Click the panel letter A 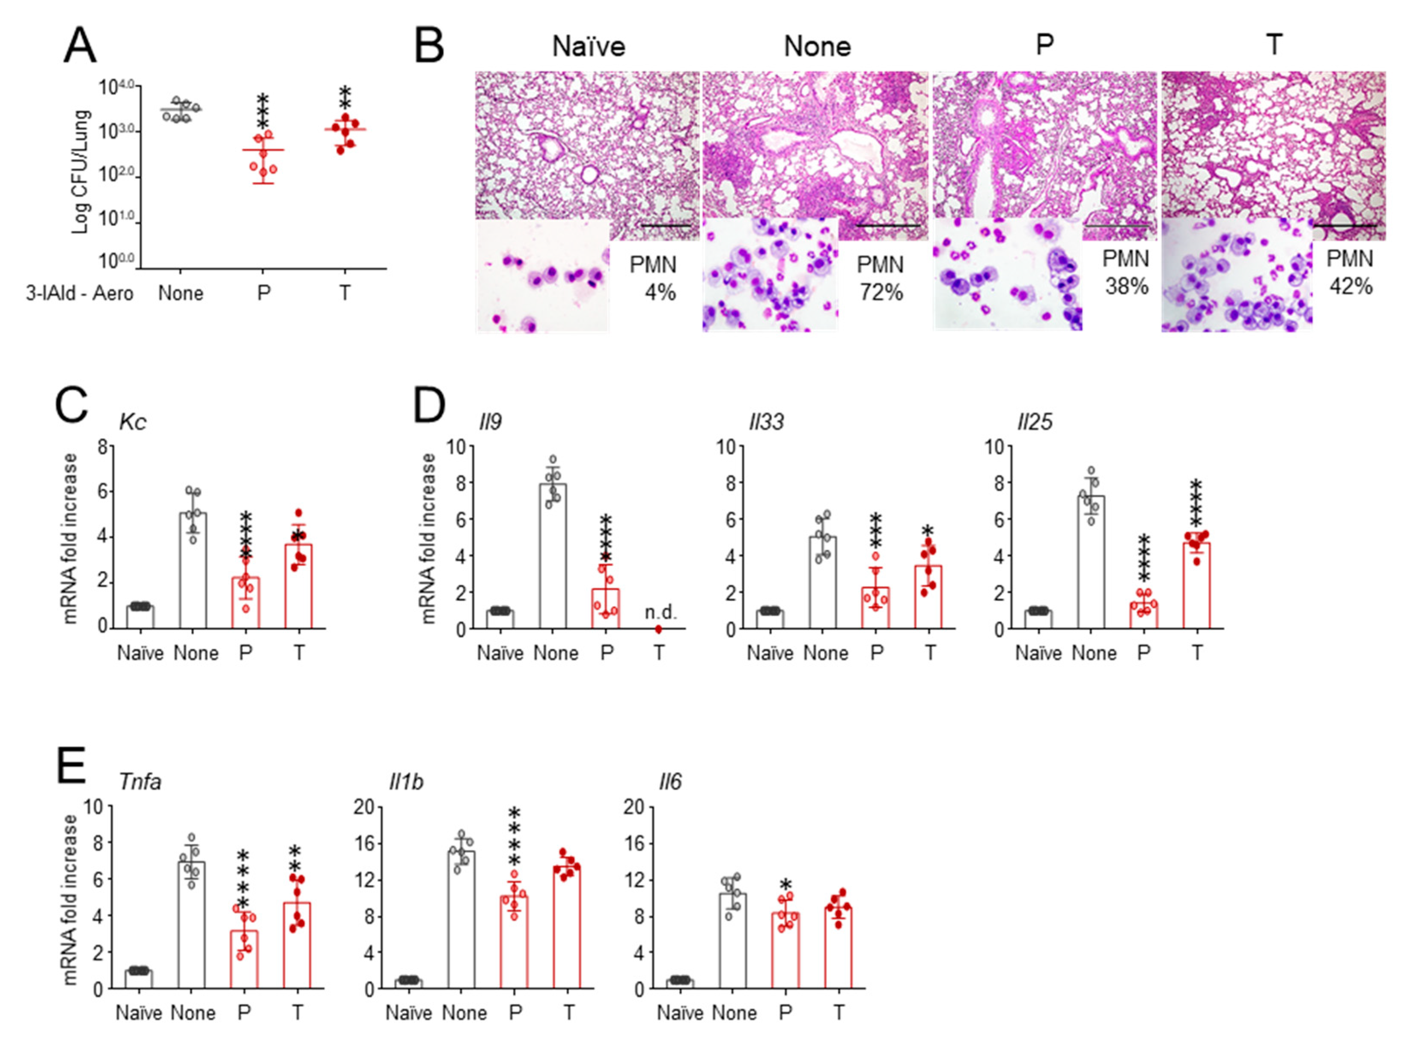pyautogui.click(x=80, y=46)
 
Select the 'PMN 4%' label pyautogui.click(x=653, y=279)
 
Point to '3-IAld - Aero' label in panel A pyautogui.click(x=79, y=293)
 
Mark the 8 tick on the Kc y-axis pyautogui.click(x=102, y=447)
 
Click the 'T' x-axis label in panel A pyautogui.click(x=344, y=293)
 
